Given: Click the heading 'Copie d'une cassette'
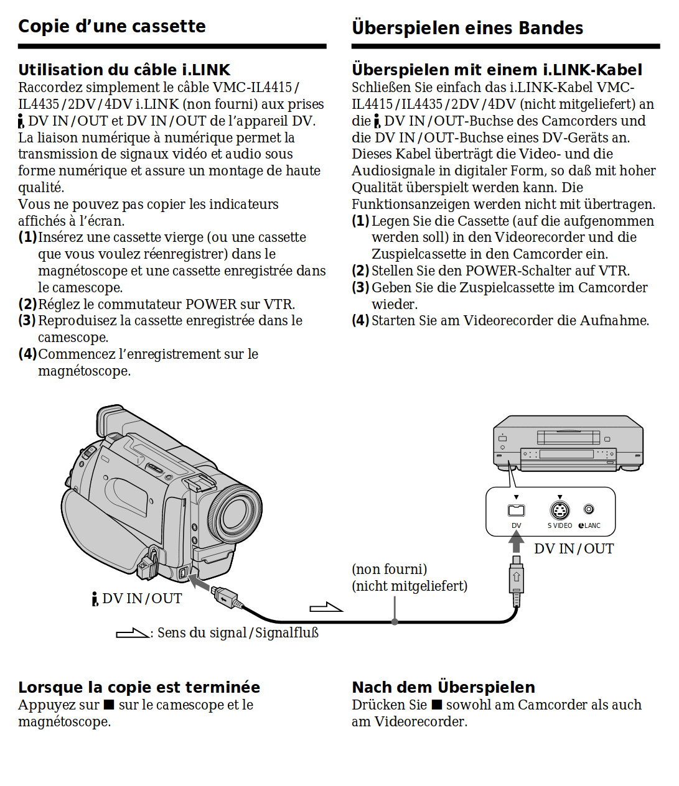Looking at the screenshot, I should (x=112, y=26).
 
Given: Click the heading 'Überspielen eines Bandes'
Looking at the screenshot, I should (x=467, y=28).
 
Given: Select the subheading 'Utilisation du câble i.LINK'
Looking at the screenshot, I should (x=124, y=70).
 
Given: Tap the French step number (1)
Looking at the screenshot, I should (x=27, y=238).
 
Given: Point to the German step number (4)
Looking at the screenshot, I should (x=360, y=321).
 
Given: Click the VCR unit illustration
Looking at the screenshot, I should (x=568, y=443).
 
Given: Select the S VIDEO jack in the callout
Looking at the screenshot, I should (x=560, y=511).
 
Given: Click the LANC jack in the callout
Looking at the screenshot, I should (x=589, y=509).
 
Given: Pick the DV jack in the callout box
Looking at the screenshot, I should (x=516, y=511).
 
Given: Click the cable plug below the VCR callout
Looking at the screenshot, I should (x=516, y=580).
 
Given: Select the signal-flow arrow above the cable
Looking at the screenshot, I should (x=326, y=607).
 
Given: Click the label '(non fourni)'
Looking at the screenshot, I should (x=389, y=569).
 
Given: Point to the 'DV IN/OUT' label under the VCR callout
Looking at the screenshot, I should (x=574, y=548).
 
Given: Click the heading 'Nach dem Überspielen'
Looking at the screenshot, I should (x=443, y=687).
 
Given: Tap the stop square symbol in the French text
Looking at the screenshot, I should (x=109, y=705).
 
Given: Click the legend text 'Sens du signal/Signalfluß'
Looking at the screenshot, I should (x=238, y=633).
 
